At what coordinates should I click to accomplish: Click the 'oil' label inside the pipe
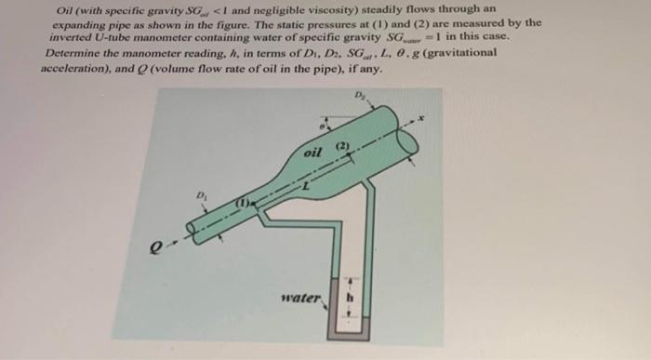click(x=312, y=153)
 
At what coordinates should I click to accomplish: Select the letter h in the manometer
click(x=352, y=300)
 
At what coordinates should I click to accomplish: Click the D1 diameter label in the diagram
click(x=200, y=195)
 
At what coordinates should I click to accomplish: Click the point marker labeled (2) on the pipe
click(x=339, y=148)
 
